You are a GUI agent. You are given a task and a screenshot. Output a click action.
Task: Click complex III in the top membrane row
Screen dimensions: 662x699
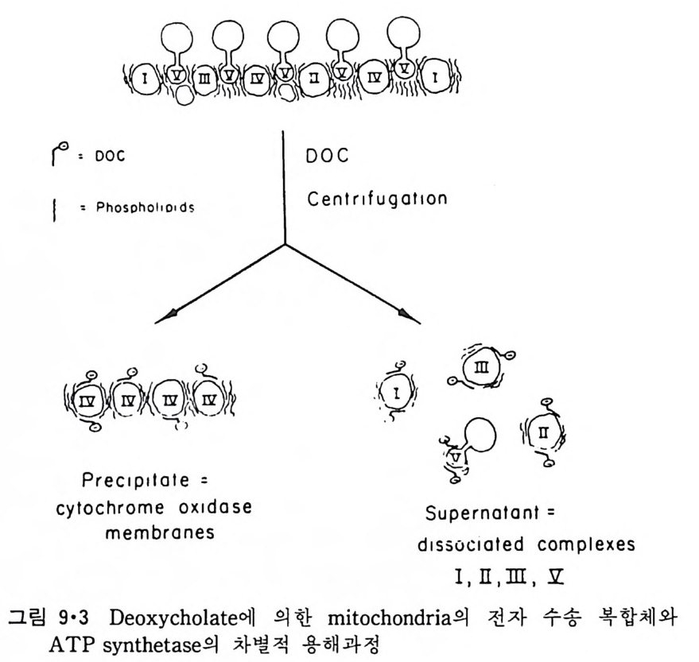click(204, 78)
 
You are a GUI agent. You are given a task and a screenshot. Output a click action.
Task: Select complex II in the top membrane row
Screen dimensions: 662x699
click(315, 78)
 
